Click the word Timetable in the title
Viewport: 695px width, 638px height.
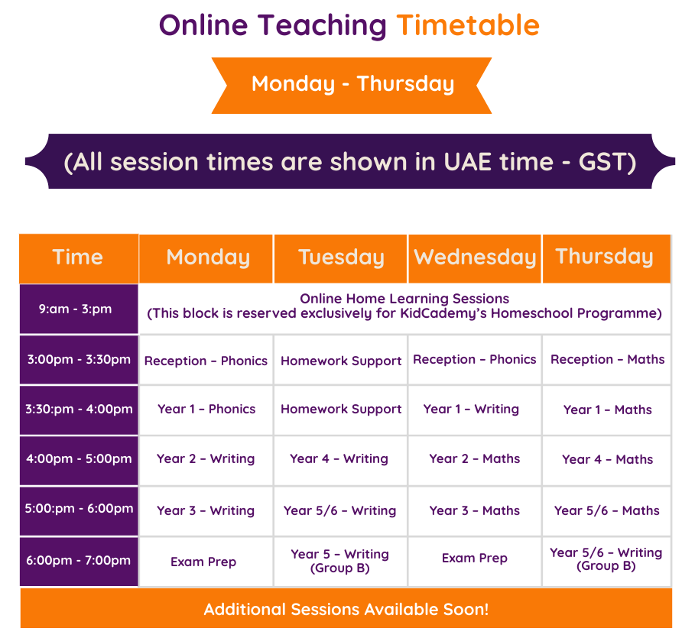tap(468, 25)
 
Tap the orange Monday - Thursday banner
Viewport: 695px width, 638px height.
tap(352, 84)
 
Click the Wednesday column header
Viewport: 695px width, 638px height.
tap(475, 257)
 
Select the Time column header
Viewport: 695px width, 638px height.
tap(78, 257)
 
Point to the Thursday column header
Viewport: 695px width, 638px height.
tap(605, 257)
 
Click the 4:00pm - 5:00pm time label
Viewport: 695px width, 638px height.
tap(79, 459)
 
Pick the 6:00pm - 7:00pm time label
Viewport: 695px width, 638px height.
tap(78, 560)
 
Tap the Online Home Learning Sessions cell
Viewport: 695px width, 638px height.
tap(404, 306)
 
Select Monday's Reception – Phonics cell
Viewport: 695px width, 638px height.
tap(206, 361)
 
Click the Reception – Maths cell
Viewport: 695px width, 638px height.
tap(607, 359)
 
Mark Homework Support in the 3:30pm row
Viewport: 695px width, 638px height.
tap(341, 410)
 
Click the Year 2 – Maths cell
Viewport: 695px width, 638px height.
tap(474, 459)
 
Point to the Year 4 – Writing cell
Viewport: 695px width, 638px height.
tap(339, 459)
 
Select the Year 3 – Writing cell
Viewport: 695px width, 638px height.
tap(205, 510)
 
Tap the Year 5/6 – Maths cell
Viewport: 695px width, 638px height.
tap(606, 510)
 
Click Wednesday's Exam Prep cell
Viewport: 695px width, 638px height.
tap(474, 559)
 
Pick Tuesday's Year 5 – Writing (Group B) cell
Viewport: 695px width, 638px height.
tap(339, 561)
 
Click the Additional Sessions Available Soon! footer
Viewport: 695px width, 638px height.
tap(346, 609)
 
